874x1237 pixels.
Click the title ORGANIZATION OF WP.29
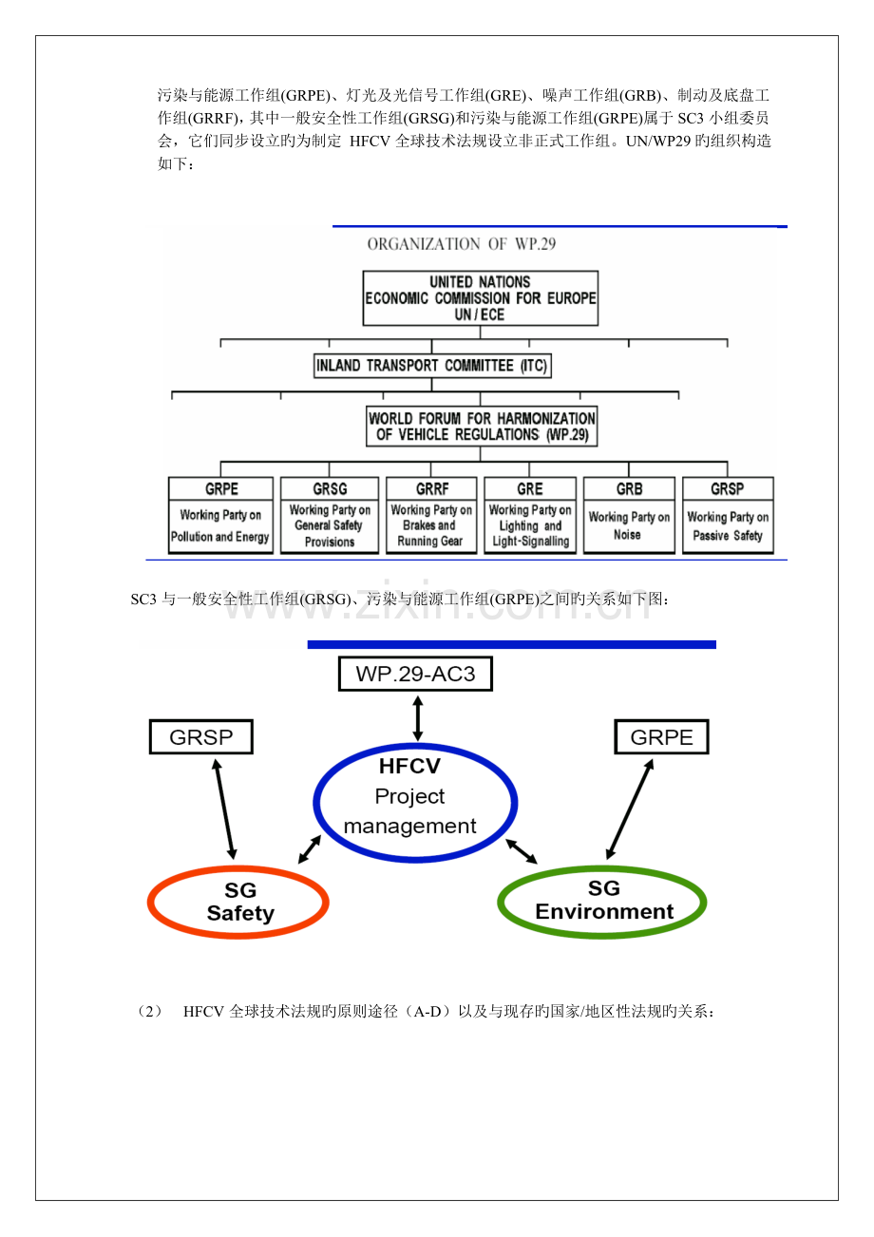(461, 244)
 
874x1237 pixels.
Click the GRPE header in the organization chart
(220, 488)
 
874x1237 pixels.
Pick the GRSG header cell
(330, 488)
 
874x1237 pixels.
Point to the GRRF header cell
(431, 488)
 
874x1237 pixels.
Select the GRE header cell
(530, 488)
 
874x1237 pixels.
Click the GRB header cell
(630, 488)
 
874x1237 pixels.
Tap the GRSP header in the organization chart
(728, 488)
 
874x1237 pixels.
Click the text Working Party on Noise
(629, 525)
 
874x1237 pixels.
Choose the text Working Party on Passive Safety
(728, 526)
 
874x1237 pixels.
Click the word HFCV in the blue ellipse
(409, 766)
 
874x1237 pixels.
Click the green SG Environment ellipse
(601, 868)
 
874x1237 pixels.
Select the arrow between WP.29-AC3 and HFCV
(418, 718)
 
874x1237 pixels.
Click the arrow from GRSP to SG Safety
(225, 809)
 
